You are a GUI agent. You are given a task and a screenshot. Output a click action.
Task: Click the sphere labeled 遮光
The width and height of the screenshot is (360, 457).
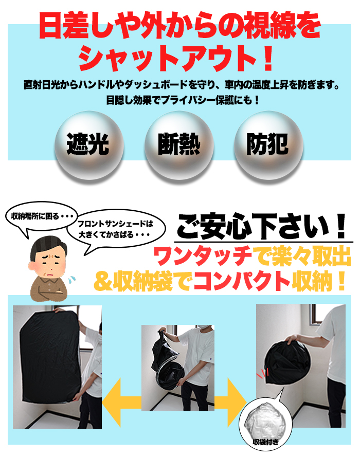click(89, 145)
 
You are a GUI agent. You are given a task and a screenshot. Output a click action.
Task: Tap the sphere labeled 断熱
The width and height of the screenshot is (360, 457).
click(179, 145)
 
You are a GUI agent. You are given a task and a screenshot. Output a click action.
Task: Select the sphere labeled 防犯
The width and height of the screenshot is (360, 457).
click(268, 145)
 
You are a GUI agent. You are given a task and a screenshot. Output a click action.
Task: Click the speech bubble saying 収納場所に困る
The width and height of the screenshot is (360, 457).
click(42, 216)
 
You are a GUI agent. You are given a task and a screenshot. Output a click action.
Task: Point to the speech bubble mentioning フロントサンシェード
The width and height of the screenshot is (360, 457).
click(116, 229)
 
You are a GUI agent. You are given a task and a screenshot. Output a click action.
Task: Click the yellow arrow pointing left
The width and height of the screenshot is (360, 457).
click(122, 402)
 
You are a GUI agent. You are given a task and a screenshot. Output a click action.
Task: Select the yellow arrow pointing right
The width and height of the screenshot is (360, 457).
click(230, 402)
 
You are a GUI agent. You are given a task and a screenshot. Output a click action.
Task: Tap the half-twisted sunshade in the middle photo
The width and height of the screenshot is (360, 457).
click(167, 363)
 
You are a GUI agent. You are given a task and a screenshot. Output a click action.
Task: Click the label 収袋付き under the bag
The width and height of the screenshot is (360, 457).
click(265, 442)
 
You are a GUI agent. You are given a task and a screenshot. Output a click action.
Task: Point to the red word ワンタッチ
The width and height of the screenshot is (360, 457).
click(203, 256)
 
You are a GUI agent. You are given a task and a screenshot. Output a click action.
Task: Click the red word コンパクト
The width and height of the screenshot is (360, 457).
click(241, 281)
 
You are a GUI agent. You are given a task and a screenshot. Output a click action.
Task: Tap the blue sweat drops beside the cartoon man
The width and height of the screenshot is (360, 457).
click(71, 279)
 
